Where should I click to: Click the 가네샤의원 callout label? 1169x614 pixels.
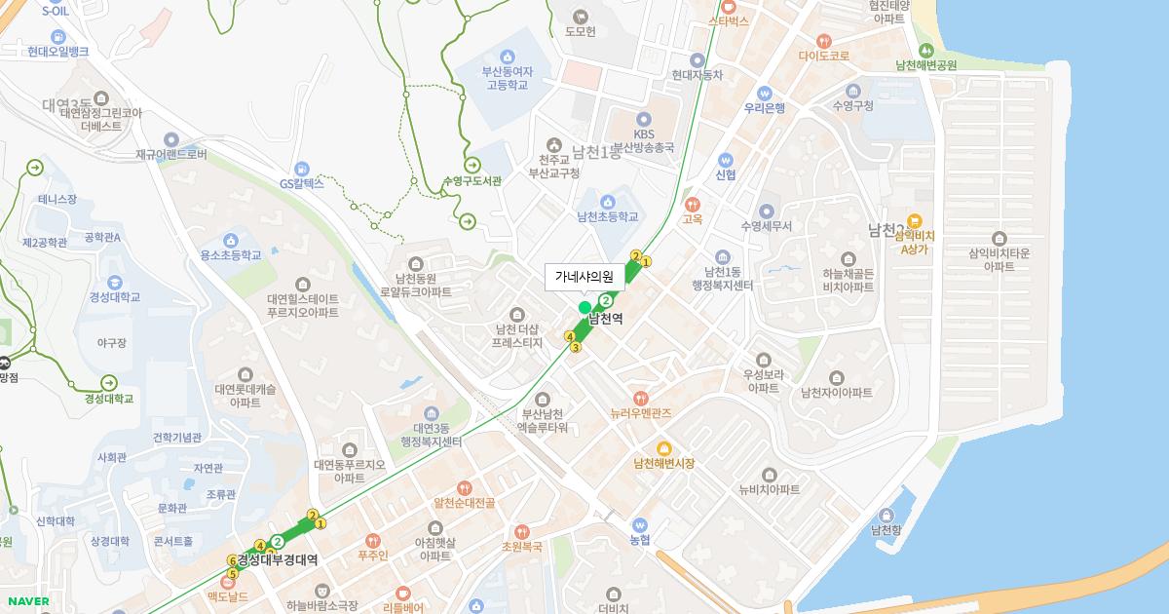(x=584, y=277)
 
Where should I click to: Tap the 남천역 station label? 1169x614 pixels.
(x=606, y=319)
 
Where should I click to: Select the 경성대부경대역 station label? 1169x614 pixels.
(x=278, y=559)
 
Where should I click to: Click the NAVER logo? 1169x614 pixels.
(x=26, y=601)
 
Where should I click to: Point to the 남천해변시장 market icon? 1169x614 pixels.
(x=663, y=447)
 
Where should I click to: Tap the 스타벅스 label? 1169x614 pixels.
(x=728, y=20)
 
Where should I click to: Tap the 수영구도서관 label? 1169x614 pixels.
(x=471, y=181)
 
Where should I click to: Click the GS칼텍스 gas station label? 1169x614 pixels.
(x=301, y=183)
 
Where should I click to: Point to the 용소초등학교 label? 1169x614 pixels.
(x=231, y=255)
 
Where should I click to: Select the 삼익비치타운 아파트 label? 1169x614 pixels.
(x=999, y=259)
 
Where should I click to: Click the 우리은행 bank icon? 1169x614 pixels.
(x=765, y=92)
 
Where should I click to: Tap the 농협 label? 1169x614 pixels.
(x=639, y=539)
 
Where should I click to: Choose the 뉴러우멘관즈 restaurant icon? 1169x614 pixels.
(x=640, y=398)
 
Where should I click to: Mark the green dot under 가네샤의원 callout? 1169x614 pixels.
(x=584, y=308)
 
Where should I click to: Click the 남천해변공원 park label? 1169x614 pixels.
(x=925, y=65)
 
